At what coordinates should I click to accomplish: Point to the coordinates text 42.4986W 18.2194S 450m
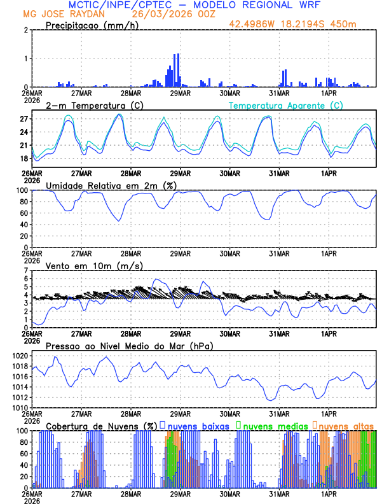pyautogui.click(x=302, y=24)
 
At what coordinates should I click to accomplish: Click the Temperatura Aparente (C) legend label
pyautogui.click(x=286, y=105)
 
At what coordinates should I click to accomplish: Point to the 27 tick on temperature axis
pyautogui.click(x=24, y=119)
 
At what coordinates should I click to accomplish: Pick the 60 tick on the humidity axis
pyautogui.click(x=24, y=213)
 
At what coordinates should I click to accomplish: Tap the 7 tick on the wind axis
pyautogui.click(x=27, y=271)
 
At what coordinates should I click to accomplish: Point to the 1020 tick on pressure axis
pyautogui.click(x=19, y=356)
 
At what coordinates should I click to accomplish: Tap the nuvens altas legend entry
pyautogui.click(x=346, y=425)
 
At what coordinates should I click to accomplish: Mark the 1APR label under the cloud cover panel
pyautogui.click(x=329, y=494)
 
